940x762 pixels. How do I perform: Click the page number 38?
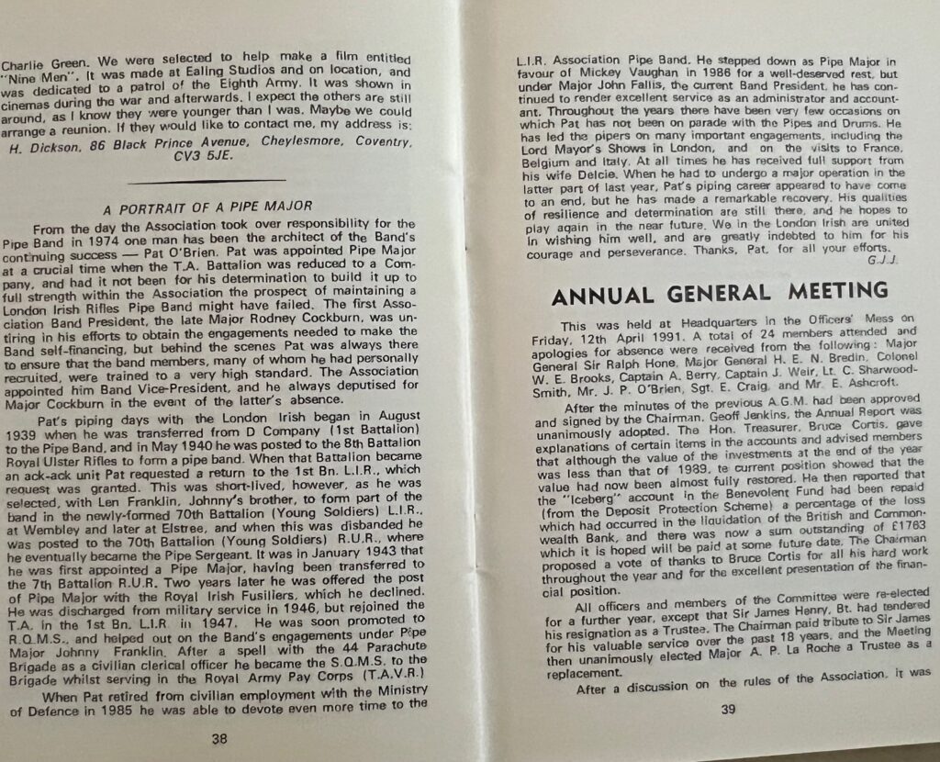[219, 737]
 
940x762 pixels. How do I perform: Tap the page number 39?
[729, 708]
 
